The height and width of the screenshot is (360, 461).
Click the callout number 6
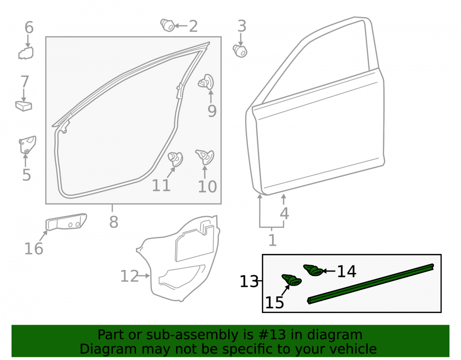[x=29, y=27]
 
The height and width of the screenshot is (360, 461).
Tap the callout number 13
[x=249, y=282]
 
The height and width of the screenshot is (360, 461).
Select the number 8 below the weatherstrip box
[x=113, y=222]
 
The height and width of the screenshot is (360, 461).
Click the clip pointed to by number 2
[x=168, y=25]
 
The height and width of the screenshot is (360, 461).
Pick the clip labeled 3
[x=240, y=51]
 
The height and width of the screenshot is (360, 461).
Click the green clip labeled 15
[x=291, y=280]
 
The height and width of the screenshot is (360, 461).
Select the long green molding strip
[x=371, y=284]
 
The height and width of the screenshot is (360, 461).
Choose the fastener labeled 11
[x=175, y=159]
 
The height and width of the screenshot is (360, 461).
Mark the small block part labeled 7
[x=24, y=106]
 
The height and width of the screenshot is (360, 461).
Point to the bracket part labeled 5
[x=27, y=145]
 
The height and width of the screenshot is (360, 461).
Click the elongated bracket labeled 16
[x=66, y=222]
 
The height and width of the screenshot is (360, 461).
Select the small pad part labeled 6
[x=26, y=53]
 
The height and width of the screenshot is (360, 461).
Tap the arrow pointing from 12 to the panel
[x=144, y=276]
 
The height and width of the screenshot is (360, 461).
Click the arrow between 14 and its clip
[x=329, y=271]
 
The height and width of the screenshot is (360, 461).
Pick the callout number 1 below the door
[x=272, y=240]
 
